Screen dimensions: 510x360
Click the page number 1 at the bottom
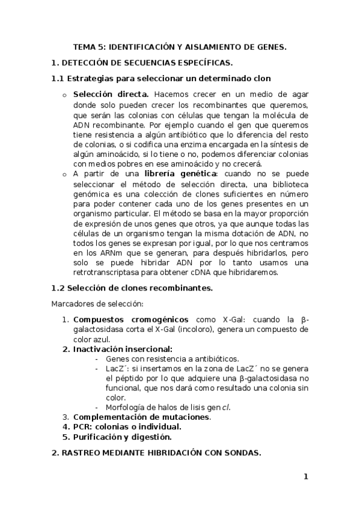click(305, 477)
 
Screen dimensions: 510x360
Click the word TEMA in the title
click(84, 46)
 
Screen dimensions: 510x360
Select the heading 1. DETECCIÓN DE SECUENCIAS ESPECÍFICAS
click(142, 62)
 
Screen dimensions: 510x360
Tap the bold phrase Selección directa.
click(111, 94)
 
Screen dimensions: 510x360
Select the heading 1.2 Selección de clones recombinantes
click(132, 288)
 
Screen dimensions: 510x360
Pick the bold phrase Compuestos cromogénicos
click(130, 319)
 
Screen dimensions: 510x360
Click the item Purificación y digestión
click(122, 436)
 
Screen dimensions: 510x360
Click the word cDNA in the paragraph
click(209, 272)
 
